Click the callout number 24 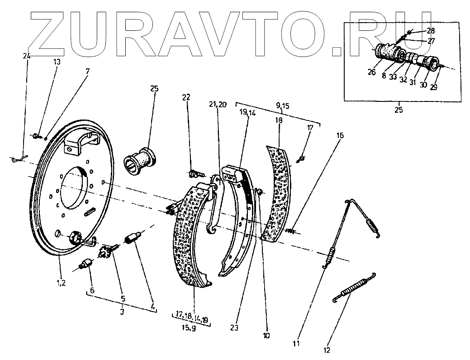26,56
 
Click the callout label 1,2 61,283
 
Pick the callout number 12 326,350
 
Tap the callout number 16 340,135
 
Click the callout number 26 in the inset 371,72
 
